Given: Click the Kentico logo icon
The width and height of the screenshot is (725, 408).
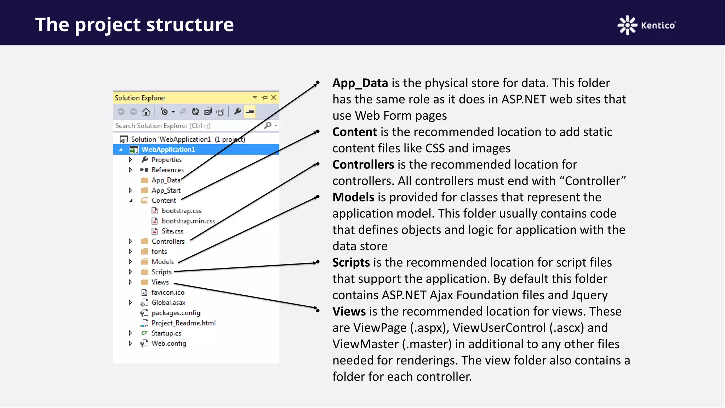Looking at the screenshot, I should [x=627, y=25].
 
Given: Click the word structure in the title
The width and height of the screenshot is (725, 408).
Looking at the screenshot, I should [x=190, y=25].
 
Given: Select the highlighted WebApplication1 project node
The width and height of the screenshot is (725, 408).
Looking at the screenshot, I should [x=168, y=149].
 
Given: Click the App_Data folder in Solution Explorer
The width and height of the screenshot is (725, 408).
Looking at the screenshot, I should [x=166, y=180].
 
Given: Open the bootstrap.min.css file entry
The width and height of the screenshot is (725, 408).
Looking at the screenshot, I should [x=188, y=221].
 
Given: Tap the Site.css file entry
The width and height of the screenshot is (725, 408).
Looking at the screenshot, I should [x=172, y=231].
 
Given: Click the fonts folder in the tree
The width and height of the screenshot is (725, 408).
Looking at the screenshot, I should [x=159, y=251].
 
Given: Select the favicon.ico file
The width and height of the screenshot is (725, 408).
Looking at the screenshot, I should [x=167, y=293].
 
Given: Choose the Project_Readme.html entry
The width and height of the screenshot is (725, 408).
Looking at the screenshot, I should [x=183, y=323].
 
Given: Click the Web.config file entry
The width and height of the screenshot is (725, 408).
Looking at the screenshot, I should [x=169, y=344].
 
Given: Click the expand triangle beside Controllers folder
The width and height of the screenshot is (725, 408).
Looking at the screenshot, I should [x=130, y=241].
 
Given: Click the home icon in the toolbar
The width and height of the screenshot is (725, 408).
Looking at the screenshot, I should [x=146, y=112].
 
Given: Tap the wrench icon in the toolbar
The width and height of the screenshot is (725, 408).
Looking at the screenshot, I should [x=238, y=112].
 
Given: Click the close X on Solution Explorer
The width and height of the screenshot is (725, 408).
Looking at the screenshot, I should [x=274, y=97].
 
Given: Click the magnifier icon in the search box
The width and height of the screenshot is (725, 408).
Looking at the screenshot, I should [x=268, y=125].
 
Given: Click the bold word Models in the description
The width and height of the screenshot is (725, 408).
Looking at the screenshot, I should [x=353, y=197].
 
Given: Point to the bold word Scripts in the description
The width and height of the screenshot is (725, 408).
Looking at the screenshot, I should [x=351, y=262].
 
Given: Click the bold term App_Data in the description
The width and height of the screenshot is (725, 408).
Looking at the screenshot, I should [x=360, y=83].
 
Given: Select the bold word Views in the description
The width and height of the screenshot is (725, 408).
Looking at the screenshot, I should [x=349, y=312].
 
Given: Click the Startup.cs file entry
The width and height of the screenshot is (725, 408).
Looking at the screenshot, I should [x=166, y=333].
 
